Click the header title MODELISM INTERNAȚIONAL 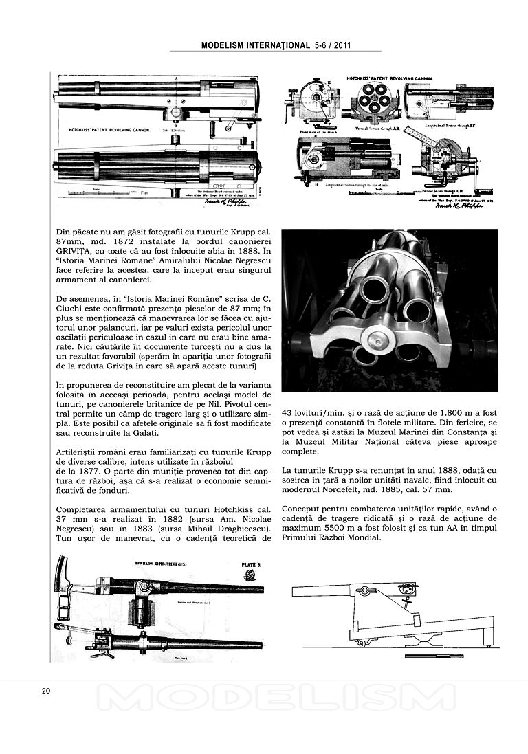256,45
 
